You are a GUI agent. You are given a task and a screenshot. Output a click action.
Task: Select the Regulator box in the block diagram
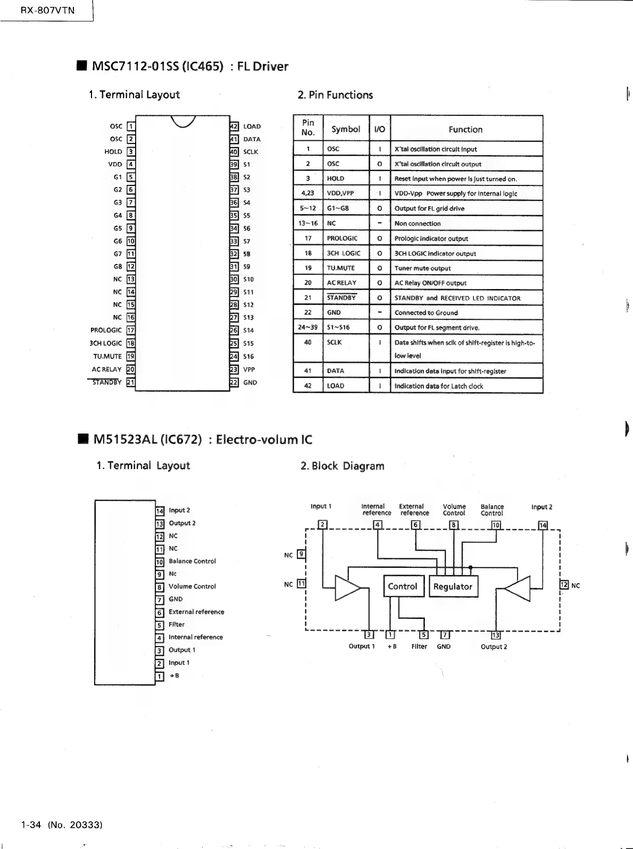[453, 587]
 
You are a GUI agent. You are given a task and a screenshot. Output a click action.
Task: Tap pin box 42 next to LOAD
[234, 126]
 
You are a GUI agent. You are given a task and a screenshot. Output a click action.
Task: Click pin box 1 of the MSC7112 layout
[131, 126]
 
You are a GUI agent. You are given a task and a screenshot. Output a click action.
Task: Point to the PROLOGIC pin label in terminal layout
[106, 330]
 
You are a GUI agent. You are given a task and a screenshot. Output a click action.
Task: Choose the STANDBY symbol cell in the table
[342, 298]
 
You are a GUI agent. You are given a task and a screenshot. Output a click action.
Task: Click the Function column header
[465, 129]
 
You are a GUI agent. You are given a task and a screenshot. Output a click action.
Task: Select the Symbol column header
[346, 129]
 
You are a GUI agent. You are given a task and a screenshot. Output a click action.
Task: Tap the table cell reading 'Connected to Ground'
[426, 312]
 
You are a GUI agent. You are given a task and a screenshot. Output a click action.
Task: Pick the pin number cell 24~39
[308, 327]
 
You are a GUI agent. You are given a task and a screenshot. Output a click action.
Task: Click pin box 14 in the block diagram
[543, 525]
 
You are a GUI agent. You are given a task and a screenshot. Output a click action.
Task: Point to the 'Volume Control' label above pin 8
[454, 510]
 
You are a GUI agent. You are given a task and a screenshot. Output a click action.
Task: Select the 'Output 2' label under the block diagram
[494, 647]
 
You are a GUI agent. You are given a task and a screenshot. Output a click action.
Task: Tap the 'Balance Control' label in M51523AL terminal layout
[192, 561]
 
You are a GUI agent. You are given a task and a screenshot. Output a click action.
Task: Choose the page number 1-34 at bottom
[31, 825]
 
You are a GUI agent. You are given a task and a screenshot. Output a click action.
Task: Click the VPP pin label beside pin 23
[249, 369]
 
